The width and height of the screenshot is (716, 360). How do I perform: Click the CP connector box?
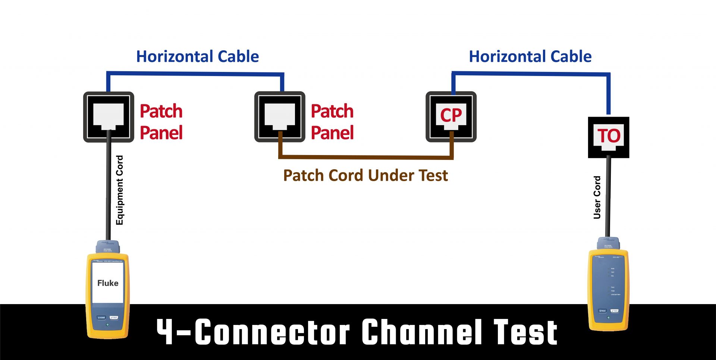click(451, 116)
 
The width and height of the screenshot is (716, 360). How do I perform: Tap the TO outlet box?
click(609, 137)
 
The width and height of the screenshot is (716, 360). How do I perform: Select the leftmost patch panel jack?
click(109, 117)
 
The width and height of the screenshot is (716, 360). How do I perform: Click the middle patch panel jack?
click(280, 117)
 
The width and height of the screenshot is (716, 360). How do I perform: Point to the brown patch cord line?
click(365, 157)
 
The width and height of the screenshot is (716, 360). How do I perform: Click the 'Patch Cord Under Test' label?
click(365, 176)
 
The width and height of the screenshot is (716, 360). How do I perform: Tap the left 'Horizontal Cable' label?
click(197, 57)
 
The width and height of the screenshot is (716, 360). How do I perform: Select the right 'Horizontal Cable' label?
click(530, 57)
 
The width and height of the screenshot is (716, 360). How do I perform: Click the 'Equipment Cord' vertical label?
click(119, 190)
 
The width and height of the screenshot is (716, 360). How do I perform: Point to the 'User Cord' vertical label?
click(597, 197)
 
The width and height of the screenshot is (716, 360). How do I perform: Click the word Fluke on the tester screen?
click(108, 283)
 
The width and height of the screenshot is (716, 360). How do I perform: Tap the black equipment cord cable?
click(109, 186)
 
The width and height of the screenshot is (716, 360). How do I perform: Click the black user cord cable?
click(608, 198)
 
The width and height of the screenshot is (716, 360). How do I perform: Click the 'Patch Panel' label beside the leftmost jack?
click(161, 122)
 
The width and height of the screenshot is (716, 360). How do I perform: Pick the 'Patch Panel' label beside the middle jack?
click(332, 122)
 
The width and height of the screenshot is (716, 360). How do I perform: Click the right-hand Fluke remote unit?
click(608, 287)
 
